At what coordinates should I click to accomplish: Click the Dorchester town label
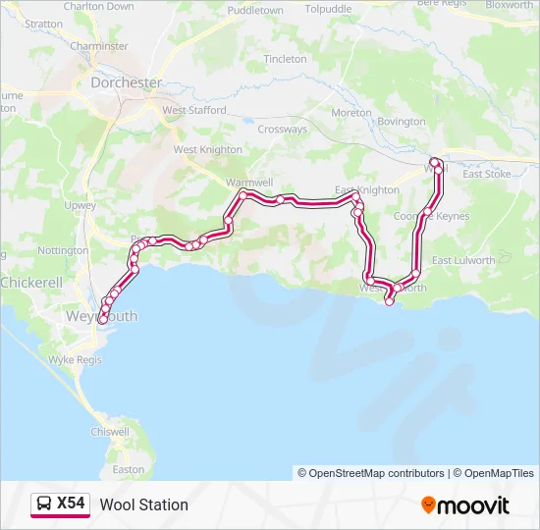[126, 83]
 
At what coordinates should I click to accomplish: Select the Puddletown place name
[254, 10]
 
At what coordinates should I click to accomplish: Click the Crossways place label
[283, 130]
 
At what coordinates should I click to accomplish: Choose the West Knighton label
[207, 150]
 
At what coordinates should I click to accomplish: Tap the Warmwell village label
[249, 183]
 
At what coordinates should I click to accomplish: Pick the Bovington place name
[402, 122]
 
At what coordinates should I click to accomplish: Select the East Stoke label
[487, 174]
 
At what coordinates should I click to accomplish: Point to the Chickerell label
[31, 282]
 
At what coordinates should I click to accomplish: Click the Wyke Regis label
[75, 360]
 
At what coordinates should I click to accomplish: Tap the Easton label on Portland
[129, 469]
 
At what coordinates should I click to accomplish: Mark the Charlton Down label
[98, 6]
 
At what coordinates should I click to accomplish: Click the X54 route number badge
[71, 504]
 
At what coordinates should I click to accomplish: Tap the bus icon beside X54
[45, 504]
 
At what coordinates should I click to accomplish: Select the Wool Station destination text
[144, 504]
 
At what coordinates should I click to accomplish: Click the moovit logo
[465, 505]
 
